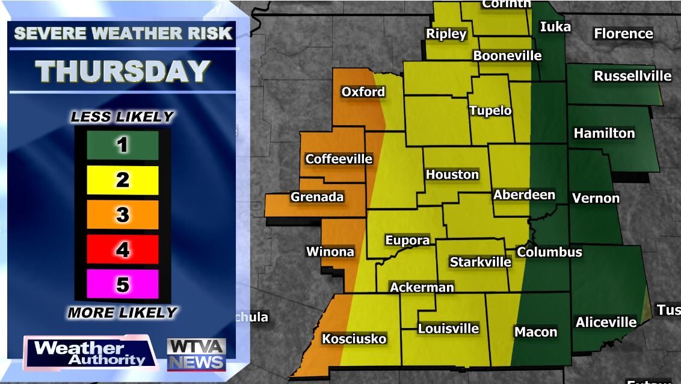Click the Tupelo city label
point(490,111)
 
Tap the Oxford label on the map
point(363,92)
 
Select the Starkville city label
point(480,262)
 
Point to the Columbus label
point(549,252)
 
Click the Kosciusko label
point(354,339)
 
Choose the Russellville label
point(632,76)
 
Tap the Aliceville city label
point(606,323)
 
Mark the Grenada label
point(317,197)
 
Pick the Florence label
point(623,34)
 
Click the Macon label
point(535,332)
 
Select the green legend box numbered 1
point(123,145)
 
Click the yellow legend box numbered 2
point(123,180)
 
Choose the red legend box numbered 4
point(123,249)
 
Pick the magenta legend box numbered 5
point(123,283)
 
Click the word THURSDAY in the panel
point(123,72)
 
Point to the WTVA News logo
point(196,354)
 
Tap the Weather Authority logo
point(90,353)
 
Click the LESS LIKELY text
point(122,117)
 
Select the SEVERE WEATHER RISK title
point(123,33)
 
